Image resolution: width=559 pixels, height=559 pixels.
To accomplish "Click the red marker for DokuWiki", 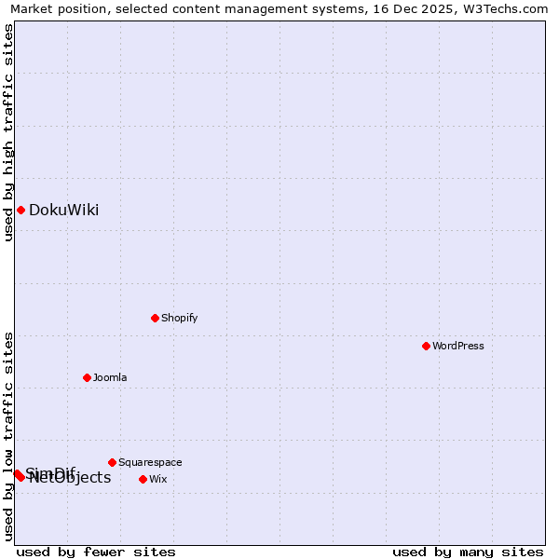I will [x=20, y=210].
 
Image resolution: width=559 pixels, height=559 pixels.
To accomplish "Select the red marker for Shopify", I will [x=155, y=318].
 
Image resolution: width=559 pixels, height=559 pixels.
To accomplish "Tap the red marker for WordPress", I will [x=426, y=346].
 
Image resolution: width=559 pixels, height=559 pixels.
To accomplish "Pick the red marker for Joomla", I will [x=87, y=377].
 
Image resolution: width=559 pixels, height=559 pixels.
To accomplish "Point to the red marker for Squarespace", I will [x=112, y=462].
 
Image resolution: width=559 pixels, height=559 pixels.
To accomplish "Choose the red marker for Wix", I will [x=143, y=479].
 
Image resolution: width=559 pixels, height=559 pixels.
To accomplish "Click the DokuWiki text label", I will [x=63, y=210].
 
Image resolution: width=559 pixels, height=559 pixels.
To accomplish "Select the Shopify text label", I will [x=179, y=318].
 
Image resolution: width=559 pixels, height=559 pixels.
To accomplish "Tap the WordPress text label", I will [x=457, y=346].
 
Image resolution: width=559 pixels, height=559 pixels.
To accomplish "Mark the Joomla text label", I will [x=110, y=377].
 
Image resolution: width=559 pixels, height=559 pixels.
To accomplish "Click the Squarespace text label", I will [x=150, y=462].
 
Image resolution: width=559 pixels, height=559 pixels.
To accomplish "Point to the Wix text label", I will [x=158, y=479].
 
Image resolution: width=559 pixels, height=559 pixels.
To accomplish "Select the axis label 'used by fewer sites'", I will [x=96, y=552].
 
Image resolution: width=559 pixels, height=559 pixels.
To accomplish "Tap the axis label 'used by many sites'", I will [x=468, y=552].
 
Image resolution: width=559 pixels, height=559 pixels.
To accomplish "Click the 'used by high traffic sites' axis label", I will [x=8, y=132].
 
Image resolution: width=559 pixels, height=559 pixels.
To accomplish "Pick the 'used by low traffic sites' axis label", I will [x=8, y=436].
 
